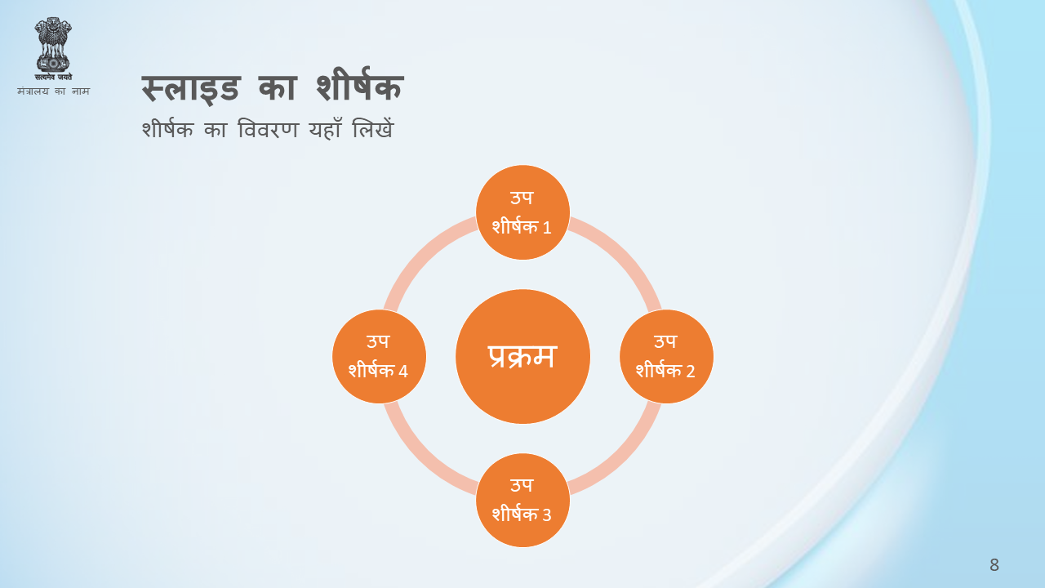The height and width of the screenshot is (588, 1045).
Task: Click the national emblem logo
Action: point(53,49)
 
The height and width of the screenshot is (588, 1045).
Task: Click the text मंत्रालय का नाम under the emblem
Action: point(53,91)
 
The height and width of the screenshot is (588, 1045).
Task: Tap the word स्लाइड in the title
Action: point(191,88)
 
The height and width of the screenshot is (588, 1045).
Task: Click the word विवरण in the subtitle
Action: point(268,129)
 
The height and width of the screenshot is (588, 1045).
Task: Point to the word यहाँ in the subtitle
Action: point(326,129)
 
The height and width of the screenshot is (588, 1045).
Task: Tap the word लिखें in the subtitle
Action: point(373,129)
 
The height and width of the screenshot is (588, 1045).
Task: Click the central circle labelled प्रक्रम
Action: point(522,357)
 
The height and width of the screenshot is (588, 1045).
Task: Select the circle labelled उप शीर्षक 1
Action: point(522,212)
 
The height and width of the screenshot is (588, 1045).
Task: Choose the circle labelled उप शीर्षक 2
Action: point(666,357)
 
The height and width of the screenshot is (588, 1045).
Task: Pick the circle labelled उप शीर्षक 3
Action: point(522,501)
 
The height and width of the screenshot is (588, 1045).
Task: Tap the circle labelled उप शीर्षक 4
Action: point(379,357)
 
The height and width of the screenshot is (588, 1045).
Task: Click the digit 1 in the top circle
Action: point(547,228)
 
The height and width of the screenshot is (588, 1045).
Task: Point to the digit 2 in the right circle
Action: point(691,372)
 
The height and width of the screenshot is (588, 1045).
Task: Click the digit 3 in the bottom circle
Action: point(547,515)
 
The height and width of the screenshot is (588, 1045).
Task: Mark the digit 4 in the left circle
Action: point(403,372)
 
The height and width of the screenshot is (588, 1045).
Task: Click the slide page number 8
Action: point(994,565)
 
